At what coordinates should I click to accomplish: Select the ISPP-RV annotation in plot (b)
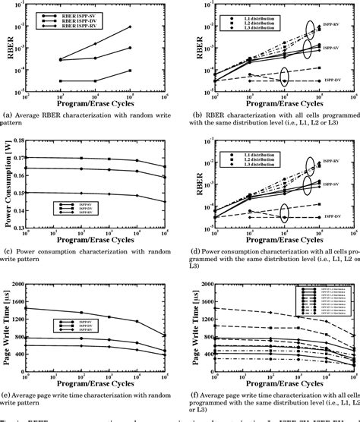point(345,33)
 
